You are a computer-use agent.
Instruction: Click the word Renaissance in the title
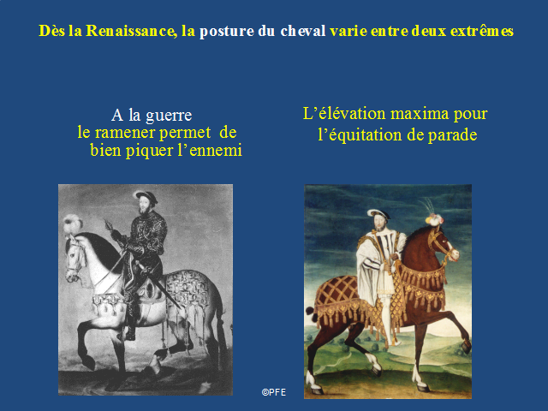click(131, 31)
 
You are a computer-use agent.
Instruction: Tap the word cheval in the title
click(303, 31)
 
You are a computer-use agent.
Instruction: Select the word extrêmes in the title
click(482, 31)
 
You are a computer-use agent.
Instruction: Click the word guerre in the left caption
click(169, 116)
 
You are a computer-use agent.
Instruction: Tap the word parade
click(453, 135)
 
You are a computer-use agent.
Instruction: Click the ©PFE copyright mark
click(274, 392)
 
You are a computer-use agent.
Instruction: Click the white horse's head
click(75, 258)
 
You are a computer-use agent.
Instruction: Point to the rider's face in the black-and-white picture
click(144, 205)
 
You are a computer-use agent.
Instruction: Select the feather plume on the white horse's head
click(72, 223)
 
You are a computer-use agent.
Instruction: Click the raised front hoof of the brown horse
click(466, 347)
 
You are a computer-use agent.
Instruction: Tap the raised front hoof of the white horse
click(89, 363)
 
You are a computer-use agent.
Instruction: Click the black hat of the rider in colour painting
click(378, 213)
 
